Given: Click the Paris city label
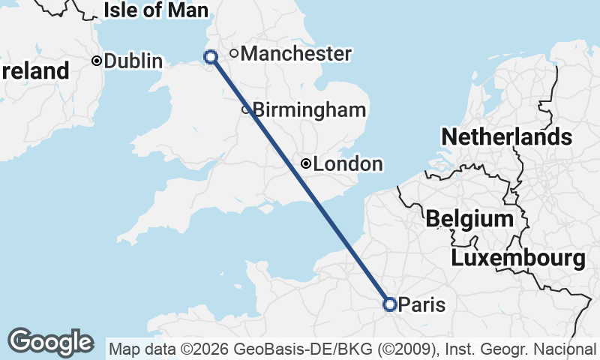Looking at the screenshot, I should [421, 305].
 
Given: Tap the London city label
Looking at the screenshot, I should [348, 164].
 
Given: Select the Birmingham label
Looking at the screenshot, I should [309, 110].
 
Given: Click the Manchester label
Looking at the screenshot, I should [296, 54].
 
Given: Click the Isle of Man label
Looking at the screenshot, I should [155, 10].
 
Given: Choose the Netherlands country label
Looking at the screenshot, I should [506, 137].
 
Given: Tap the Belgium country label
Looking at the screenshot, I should [469, 219].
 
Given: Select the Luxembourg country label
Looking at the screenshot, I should [518, 259].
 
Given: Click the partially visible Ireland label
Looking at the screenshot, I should [34, 72].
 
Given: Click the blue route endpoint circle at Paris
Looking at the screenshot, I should [389, 304].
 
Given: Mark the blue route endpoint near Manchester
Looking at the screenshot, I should [211, 56].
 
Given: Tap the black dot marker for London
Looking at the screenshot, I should [306, 163].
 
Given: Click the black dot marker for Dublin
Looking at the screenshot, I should [97, 61].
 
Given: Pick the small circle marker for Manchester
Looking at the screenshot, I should [234, 53].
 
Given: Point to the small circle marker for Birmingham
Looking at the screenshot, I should [245, 110].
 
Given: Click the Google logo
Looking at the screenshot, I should [50, 342].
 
